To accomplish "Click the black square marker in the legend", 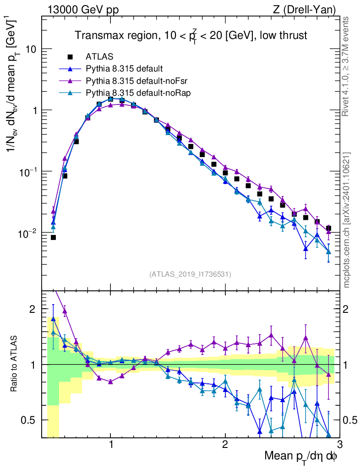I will coord(70,57).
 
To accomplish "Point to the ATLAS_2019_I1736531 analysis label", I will coord(190,274).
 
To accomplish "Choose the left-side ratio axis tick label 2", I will coord(33,309).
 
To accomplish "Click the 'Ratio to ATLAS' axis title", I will coord(15,364).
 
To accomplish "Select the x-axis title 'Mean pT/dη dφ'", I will coord(301,457).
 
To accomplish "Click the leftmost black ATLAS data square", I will coord(53,237).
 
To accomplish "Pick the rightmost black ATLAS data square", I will coord(328,228).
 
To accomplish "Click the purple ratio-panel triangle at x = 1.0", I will coord(110,382).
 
